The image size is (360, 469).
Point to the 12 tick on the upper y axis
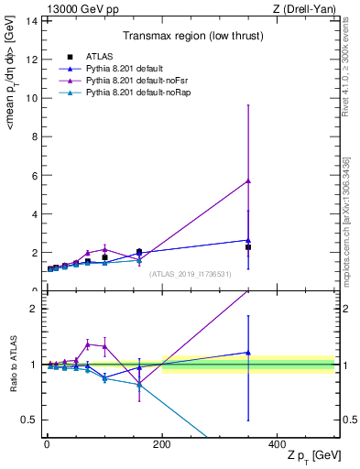35,60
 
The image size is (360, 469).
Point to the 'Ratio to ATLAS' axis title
13,365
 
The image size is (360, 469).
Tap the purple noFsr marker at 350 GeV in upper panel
247,180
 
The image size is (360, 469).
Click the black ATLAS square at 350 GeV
247,247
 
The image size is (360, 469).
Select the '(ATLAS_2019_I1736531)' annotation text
189,273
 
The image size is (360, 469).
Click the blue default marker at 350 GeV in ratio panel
247,353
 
